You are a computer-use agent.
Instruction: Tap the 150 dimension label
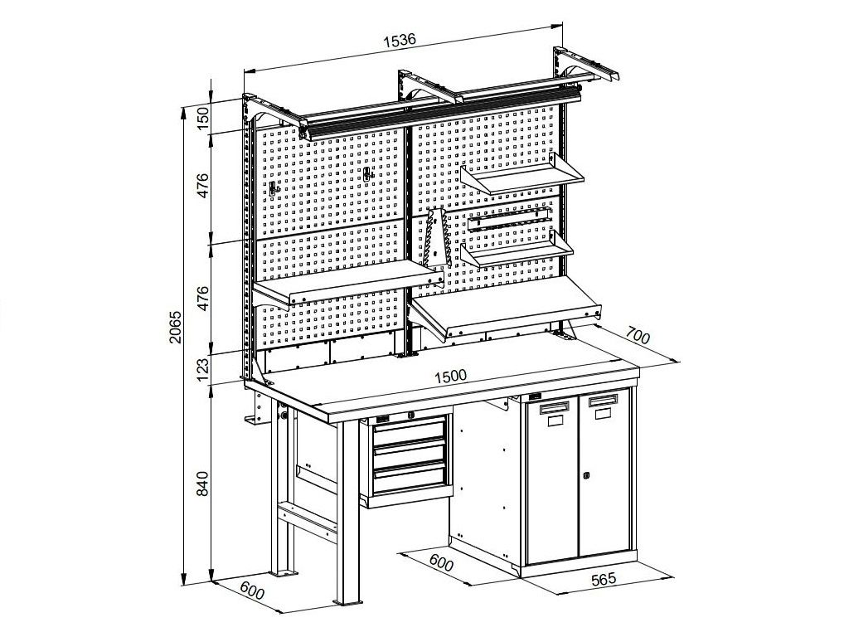click(x=202, y=117)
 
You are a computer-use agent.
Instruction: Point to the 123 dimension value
click(x=202, y=369)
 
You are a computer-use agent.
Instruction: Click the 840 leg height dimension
click(x=202, y=484)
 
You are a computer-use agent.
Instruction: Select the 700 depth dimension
click(x=638, y=336)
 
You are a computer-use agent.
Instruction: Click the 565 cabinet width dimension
click(x=604, y=580)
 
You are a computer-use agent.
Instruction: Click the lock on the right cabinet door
click(x=586, y=475)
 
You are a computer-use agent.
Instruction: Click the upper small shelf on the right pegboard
click(x=522, y=173)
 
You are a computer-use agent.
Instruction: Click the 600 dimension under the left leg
click(x=251, y=591)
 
